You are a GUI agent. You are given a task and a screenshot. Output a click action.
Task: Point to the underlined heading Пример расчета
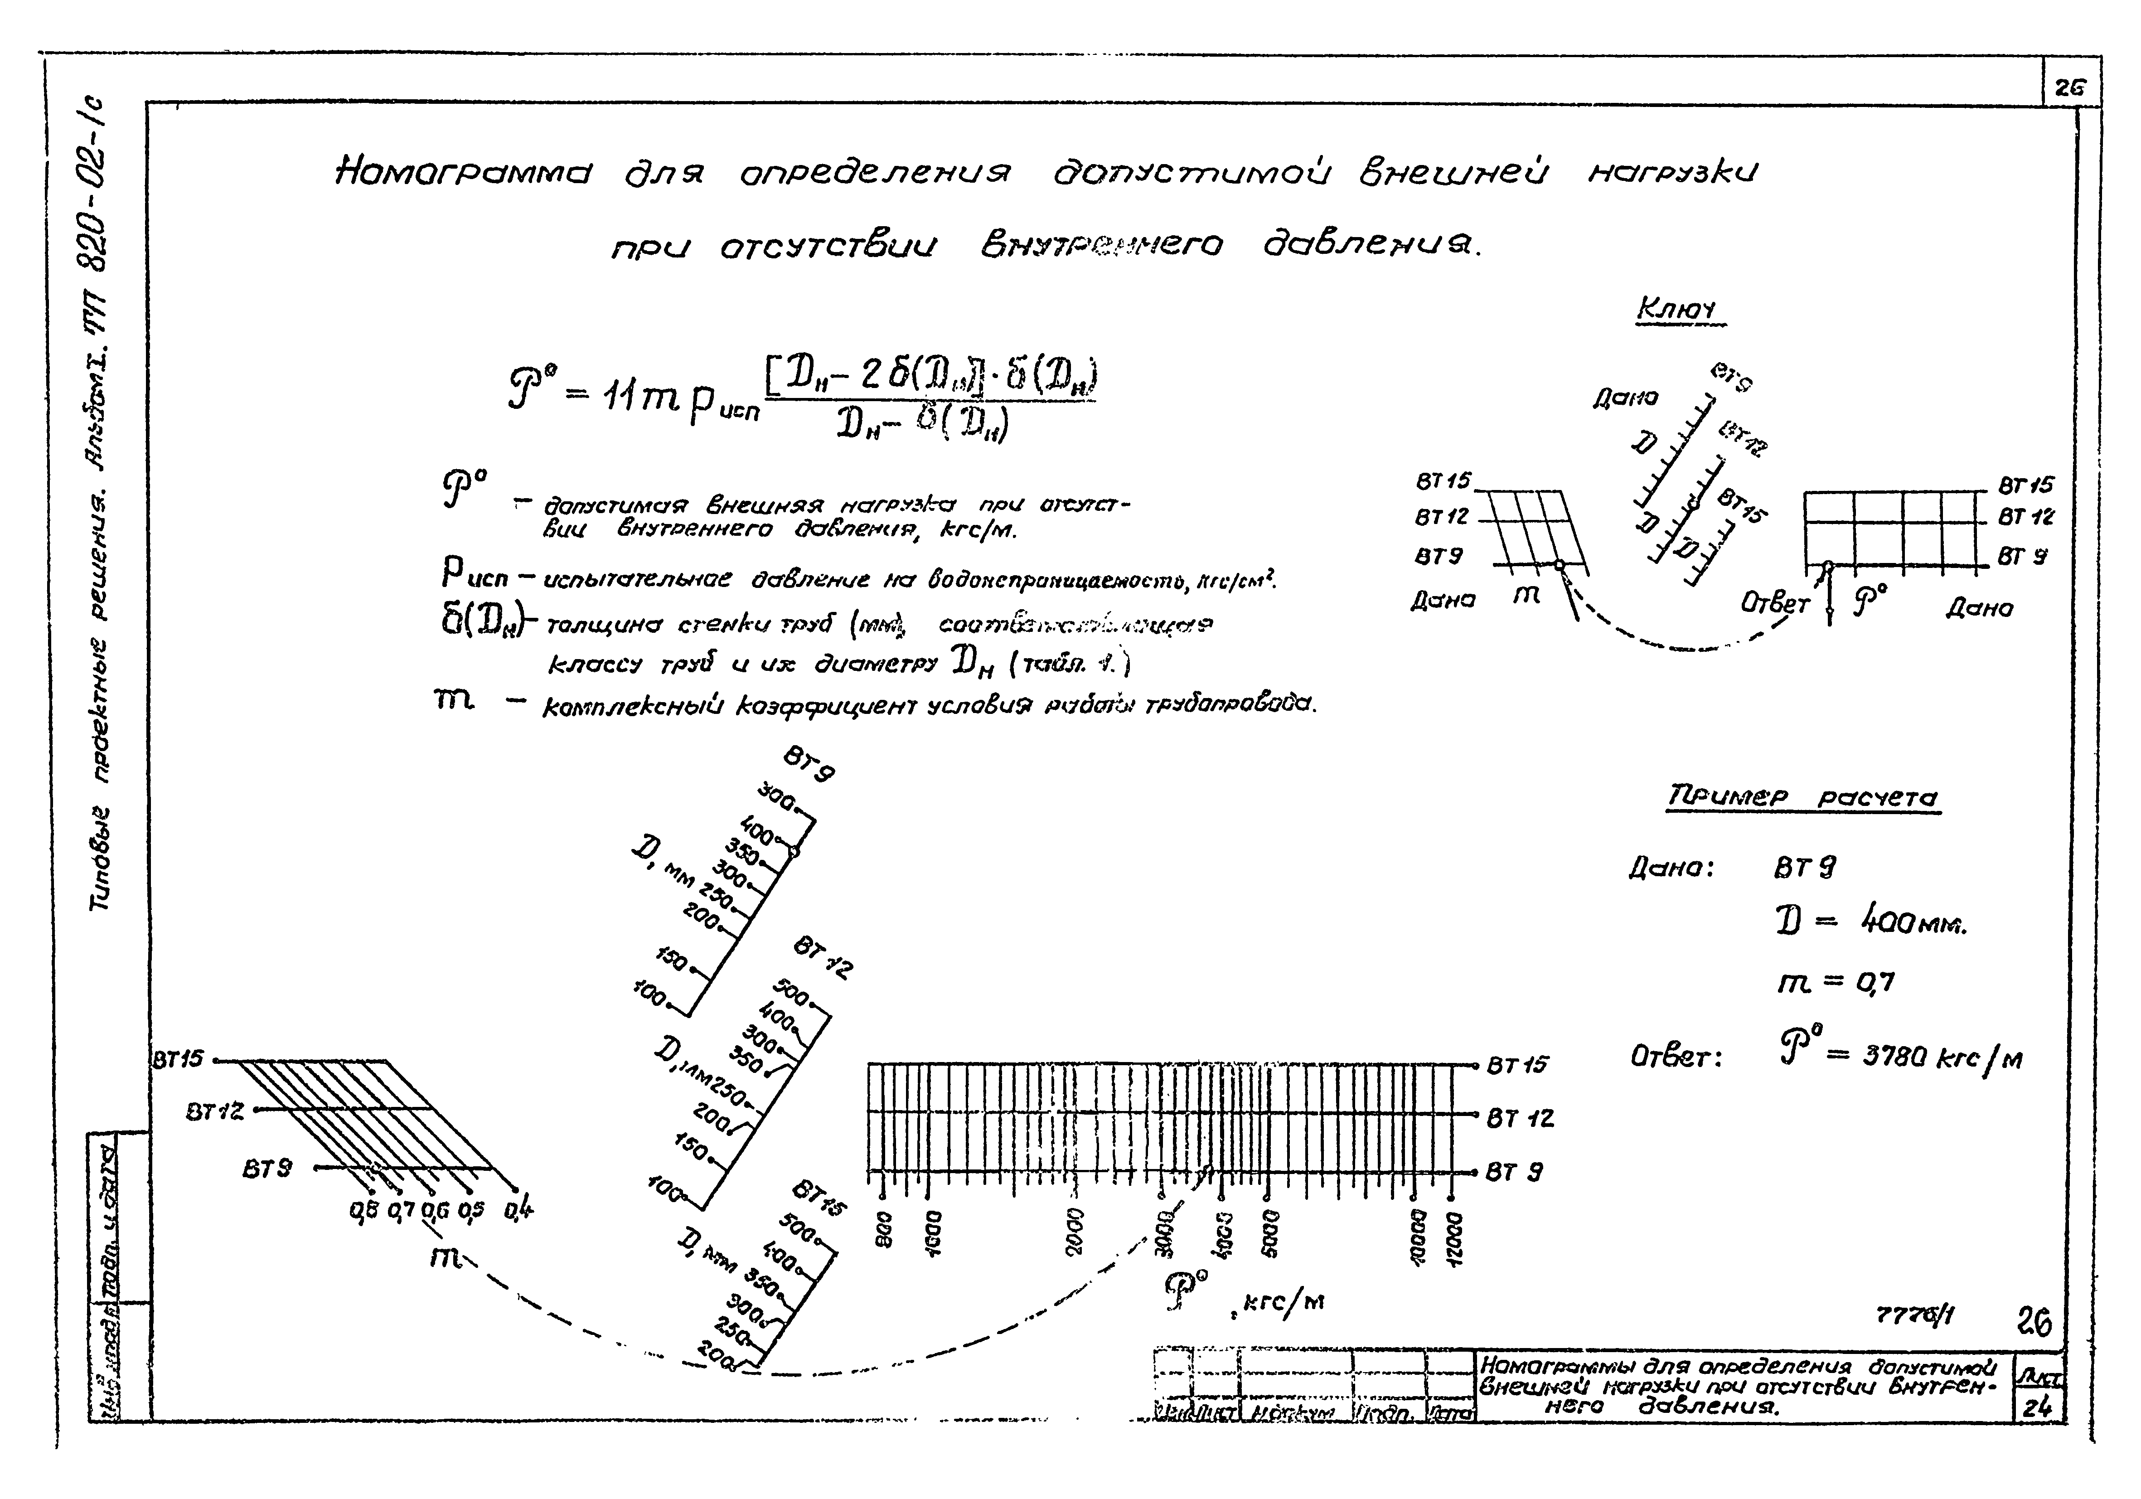(x=1802, y=799)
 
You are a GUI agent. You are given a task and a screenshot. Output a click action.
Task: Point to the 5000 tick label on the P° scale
(x=1266, y=1231)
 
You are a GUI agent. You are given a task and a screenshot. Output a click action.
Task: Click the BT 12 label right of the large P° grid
(x=1520, y=1117)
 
